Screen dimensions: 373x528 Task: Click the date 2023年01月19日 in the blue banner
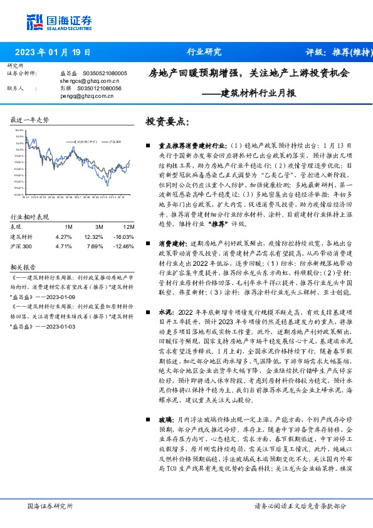click(x=52, y=53)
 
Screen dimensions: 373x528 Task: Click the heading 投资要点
click(x=167, y=120)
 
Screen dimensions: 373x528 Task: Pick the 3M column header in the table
click(x=99, y=226)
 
